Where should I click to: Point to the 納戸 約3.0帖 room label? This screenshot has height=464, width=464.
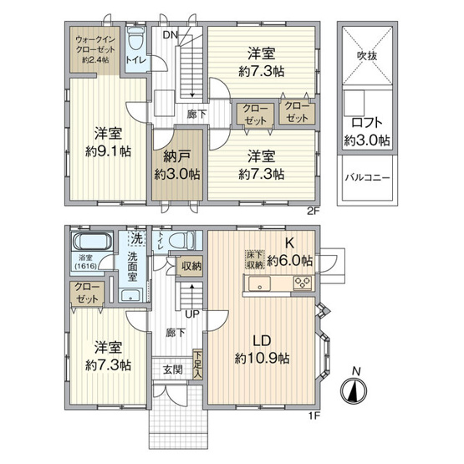click(176, 166)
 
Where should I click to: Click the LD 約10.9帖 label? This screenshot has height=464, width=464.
click(262, 350)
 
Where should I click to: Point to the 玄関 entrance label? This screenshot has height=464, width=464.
click(172, 370)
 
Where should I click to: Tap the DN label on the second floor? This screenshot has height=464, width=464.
click(171, 34)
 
